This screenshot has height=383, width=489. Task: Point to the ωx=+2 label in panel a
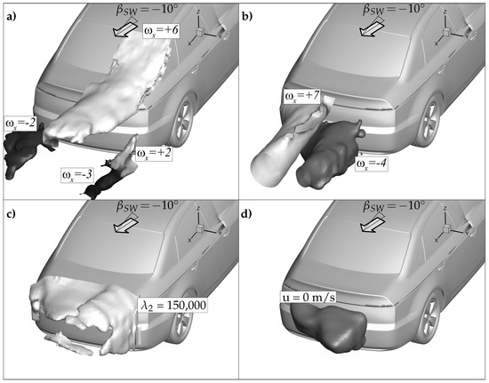154,154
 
